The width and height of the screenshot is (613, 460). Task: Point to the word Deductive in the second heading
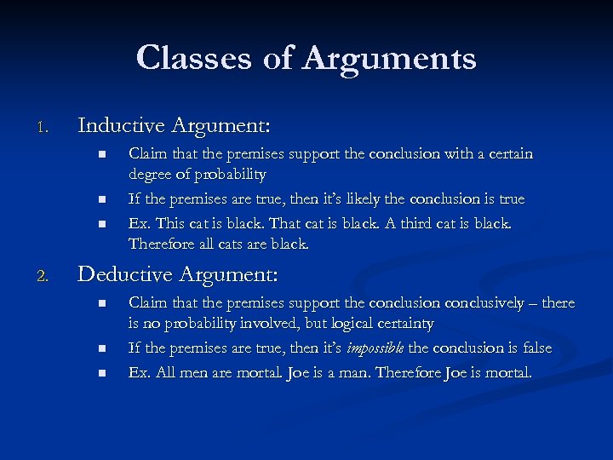tap(123, 274)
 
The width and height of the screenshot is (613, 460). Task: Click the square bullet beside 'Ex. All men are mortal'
tap(100, 372)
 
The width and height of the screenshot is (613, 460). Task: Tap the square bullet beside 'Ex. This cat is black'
tap(100, 223)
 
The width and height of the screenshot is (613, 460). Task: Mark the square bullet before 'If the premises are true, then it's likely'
tap(100, 198)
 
